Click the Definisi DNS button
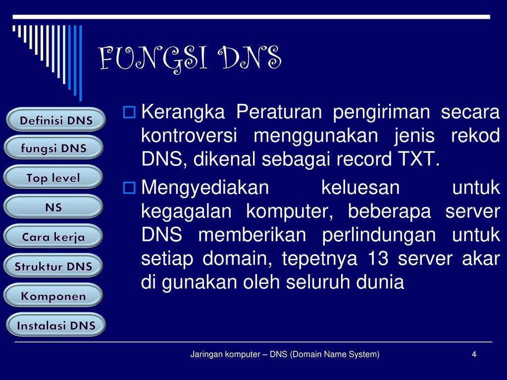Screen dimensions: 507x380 [x=56, y=120]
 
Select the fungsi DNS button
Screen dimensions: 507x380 [x=53, y=147]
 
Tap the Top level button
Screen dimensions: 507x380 [x=53, y=177]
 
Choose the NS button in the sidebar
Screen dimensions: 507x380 [x=53, y=206]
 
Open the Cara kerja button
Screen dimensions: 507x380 [x=53, y=236]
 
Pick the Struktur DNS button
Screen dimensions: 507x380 [x=53, y=266]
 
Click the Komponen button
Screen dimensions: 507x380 [x=53, y=295]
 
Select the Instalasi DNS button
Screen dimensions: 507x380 [x=56, y=325]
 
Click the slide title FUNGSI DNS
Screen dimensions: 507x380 [x=190, y=58]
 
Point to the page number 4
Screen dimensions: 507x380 [x=474, y=354]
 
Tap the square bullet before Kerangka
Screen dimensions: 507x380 [x=129, y=112]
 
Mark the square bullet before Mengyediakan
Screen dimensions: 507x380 [x=129, y=188]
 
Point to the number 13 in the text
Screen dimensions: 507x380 [x=378, y=258]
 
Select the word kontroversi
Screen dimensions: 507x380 [x=189, y=136]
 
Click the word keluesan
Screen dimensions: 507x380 [x=360, y=188]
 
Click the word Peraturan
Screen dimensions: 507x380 [x=279, y=112]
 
